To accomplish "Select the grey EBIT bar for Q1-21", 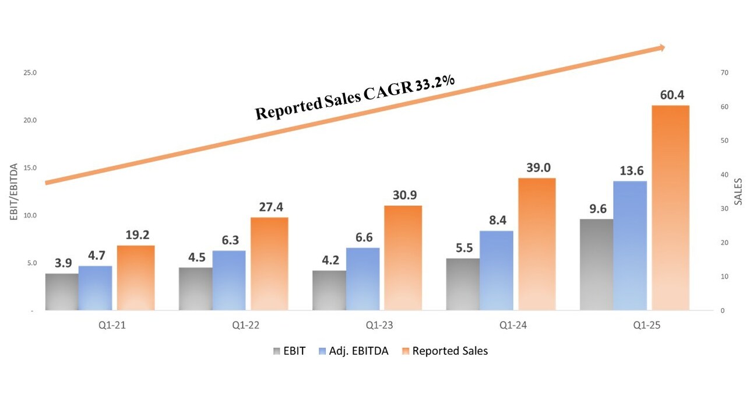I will click(61, 292).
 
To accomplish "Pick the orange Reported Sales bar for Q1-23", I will click(403, 257).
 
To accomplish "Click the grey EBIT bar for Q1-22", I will click(195, 289).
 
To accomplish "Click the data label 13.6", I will click(630, 171).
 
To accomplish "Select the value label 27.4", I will click(269, 207).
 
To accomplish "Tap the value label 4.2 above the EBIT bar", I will click(329, 260).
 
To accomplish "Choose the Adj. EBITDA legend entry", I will click(355, 351).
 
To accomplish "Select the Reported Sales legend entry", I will click(444, 351).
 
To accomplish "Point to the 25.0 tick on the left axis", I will click(30, 73).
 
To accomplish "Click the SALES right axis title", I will click(738, 192).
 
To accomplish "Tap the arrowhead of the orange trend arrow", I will click(661, 48).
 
